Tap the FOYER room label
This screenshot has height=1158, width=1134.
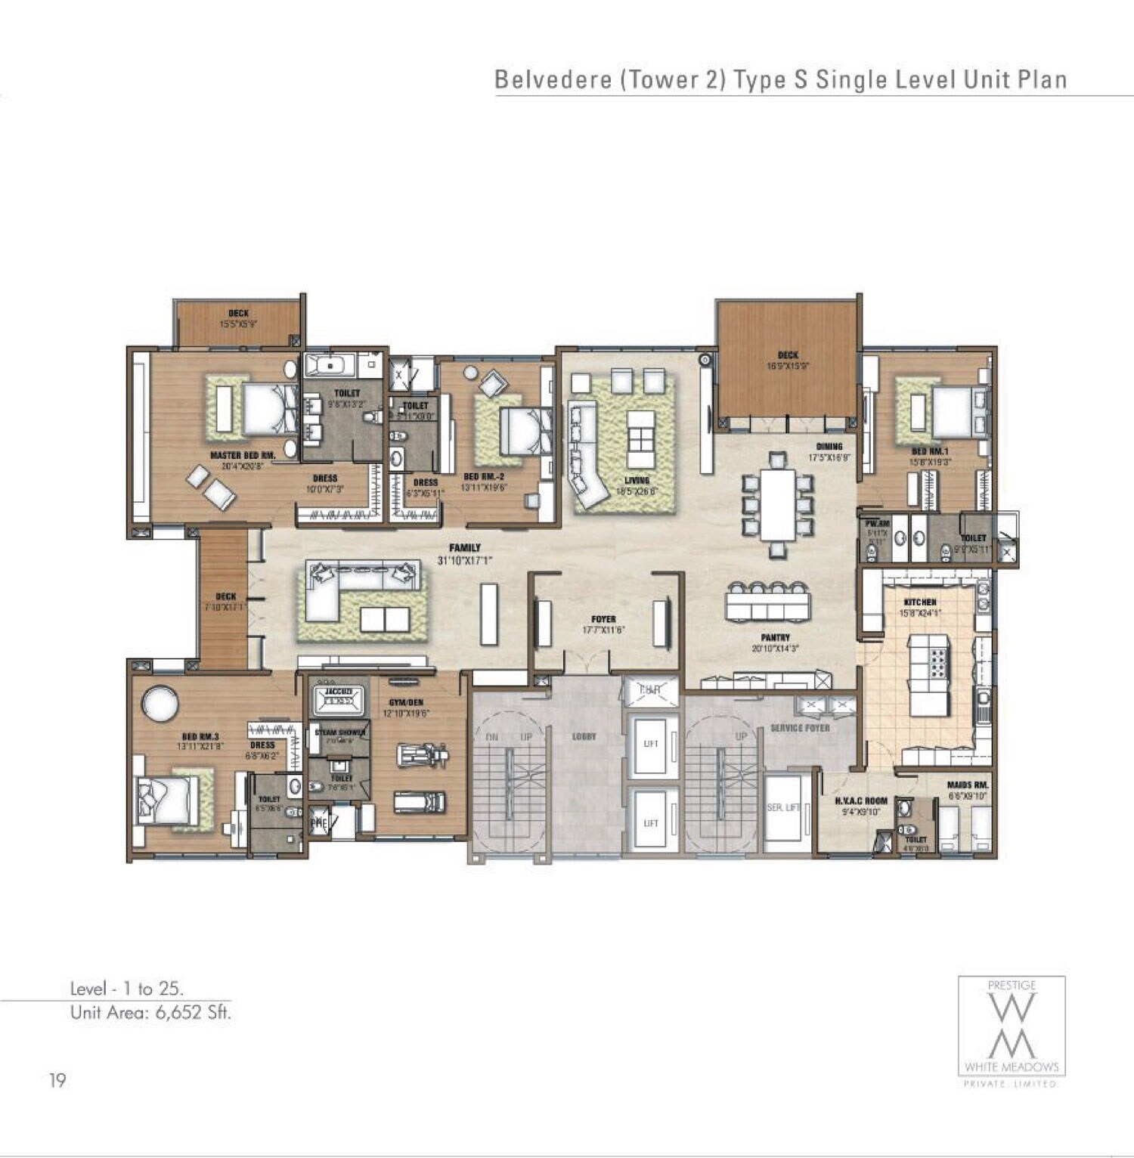point(603,619)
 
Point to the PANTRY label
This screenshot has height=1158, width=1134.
point(776,638)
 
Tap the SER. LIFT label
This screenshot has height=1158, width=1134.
point(783,807)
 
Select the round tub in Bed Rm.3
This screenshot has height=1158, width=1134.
point(160,704)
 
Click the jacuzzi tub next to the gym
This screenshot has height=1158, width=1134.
point(339,701)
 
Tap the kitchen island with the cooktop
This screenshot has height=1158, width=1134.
point(929,675)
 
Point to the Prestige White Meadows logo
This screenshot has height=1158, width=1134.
point(1012,1032)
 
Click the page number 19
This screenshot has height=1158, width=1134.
point(57,1081)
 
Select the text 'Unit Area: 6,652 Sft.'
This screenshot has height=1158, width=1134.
point(150,1013)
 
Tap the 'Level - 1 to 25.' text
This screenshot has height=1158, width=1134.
point(127,988)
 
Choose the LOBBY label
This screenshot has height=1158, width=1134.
point(584,735)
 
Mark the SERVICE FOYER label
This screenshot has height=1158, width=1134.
point(800,728)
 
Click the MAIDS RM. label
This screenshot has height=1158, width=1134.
point(968,785)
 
